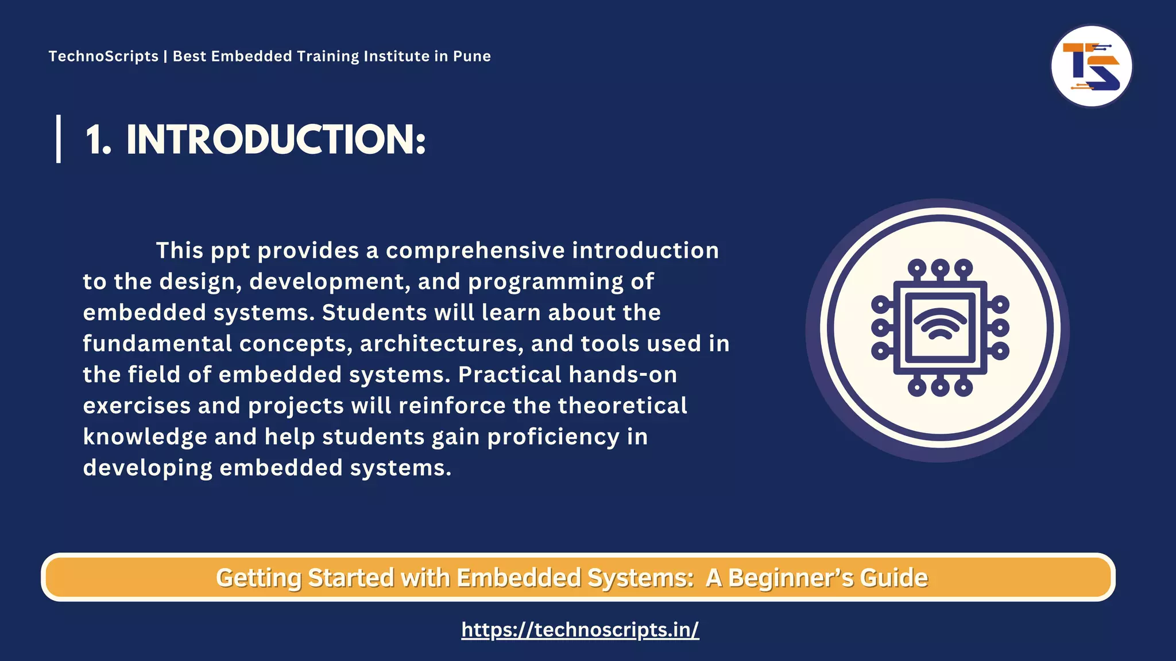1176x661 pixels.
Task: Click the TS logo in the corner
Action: pyautogui.click(x=1091, y=66)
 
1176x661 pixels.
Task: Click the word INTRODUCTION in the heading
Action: pyautogui.click(x=276, y=140)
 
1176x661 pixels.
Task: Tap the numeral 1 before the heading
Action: pyautogui.click(x=96, y=140)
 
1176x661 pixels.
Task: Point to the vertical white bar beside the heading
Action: pyautogui.click(x=59, y=139)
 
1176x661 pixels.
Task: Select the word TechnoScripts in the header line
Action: pyautogui.click(x=103, y=56)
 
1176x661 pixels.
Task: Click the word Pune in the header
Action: pyautogui.click(x=472, y=56)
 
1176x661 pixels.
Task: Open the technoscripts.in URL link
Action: pyautogui.click(x=580, y=629)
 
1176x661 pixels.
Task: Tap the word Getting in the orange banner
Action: pyautogui.click(x=258, y=578)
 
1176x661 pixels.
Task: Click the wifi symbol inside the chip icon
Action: pyautogui.click(x=940, y=324)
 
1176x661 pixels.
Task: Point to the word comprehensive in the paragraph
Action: pyautogui.click(x=475, y=251)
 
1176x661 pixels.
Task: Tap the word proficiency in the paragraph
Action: pyautogui.click(x=554, y=437)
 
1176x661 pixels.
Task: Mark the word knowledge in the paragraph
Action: pyautogui.click(x=145, y=437)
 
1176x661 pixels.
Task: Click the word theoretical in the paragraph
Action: pyautogui.click(x=622, y=406)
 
